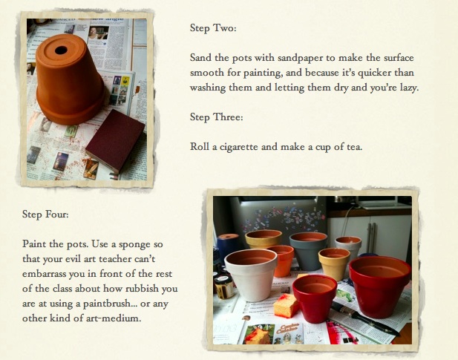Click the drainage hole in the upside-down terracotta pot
tap(61, 50)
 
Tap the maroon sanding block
tap(115, 140)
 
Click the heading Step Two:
tap(213, 28)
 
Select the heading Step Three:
tap(216, 117)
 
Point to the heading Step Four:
tap(45, 215)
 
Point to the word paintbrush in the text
tap(106, 304)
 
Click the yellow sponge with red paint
tap(285, 305)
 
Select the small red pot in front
tap(315, 298)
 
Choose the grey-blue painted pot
tap(308, 250)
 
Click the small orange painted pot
tap(282, 261)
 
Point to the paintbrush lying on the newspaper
tap(365, 318)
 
